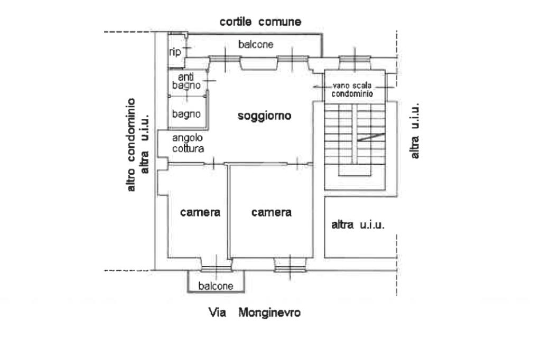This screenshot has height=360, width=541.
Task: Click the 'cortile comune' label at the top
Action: (x=260, y=22)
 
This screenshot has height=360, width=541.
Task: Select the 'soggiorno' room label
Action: (x=264, y=116)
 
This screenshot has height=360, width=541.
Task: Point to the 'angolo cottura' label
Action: (x=188, y=144)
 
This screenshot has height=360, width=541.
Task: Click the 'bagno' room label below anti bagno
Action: (x=186, y=113)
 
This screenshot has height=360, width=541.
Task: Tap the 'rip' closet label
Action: (x=175, y=52)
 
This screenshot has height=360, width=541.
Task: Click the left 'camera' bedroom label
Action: (x=200, y=213)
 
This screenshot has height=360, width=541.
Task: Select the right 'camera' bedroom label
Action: (x=272, y=213)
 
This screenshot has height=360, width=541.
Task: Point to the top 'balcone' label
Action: (x=256, y=45)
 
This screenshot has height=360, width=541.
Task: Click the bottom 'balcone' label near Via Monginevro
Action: (x=216, y=286)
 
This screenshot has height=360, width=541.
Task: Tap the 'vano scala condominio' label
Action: (x=352, y=90)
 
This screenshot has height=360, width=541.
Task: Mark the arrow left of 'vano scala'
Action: (x=319, y=87)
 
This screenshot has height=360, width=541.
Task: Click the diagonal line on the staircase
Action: (x=370, y=138)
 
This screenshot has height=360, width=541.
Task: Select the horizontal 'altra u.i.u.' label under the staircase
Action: (x=358, y=225)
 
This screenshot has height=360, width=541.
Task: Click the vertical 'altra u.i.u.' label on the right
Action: (x=415, y=130)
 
